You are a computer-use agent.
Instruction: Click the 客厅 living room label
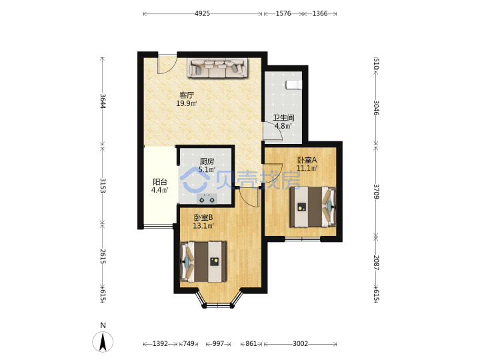tap(187, 95)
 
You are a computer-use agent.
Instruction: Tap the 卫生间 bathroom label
tap(283, 118)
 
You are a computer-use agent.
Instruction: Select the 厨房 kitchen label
tap(207, 161)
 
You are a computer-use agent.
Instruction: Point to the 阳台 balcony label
tap(160, 182)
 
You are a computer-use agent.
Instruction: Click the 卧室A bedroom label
tap(307, 160)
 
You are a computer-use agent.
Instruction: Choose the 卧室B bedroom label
tap(203, 217)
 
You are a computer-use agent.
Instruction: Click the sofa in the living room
tap(217, 68)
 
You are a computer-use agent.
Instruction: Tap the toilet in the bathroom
tap(294, 85)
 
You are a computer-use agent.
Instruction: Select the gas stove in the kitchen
tap(207, 199)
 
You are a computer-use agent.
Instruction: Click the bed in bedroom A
tap(313, 207)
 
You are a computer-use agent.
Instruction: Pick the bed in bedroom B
tap(203, 262)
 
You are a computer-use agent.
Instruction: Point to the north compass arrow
tap(103, 341)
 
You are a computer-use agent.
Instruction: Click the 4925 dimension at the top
tap(203, 13)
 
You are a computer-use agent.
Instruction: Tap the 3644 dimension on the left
tap(103, 101)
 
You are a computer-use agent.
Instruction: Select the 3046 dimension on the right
tap(377, 108)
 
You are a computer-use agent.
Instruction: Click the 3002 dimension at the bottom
tap(300, 344)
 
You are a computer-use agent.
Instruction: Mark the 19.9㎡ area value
tap(187, 103)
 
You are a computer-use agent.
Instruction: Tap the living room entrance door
tap(167, 64)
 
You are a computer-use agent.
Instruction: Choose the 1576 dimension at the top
tap(283, 13)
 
